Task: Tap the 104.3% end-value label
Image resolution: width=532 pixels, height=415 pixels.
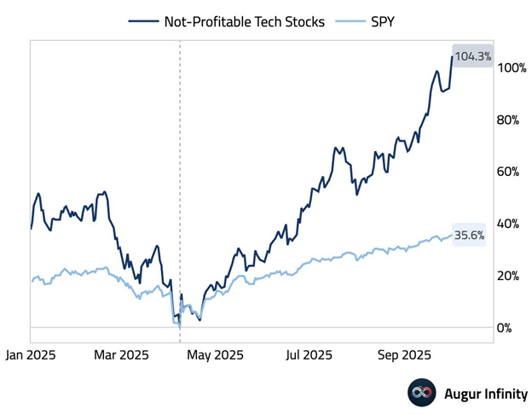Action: pos(471,56)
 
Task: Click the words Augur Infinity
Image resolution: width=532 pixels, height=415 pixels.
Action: pos(486,395)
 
